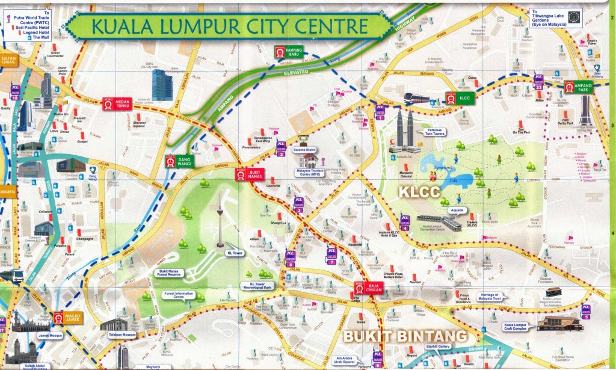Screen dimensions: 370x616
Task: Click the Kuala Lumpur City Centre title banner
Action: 223,26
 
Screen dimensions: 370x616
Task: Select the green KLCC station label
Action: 456,98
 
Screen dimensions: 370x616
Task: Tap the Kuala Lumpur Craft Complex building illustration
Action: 559,323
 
